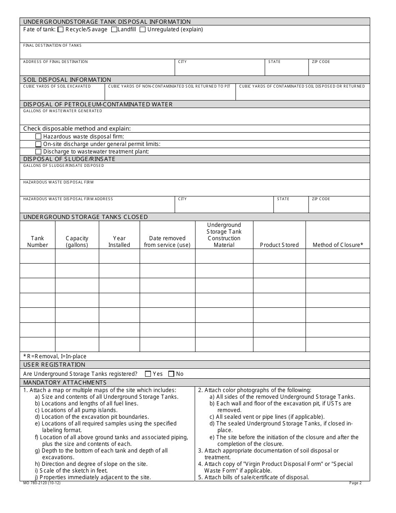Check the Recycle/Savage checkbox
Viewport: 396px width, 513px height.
(x=60, y=30)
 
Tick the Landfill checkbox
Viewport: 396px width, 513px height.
(x=114, y=30)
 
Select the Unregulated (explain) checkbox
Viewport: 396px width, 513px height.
(x=143, y=30)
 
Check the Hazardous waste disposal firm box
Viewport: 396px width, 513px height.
(x=39, y=136)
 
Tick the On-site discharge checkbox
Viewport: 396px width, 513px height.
(x=39, y=144)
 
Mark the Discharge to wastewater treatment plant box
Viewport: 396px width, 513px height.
(x=39, y=151)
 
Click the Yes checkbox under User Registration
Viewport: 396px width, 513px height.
(x=148, y=374)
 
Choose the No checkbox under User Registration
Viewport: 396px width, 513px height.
(x=171, y=374)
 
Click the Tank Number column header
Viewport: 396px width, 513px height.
(x=38, y=241)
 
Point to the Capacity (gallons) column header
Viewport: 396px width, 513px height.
(x=77, y=241)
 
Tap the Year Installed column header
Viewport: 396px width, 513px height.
(x=119, y=241)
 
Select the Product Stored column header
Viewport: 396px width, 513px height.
(x=279, y=245)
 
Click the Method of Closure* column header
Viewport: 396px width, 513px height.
(x=338, y=245)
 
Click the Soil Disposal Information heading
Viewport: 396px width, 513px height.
(x=67, y=80)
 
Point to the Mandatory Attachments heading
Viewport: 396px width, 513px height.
(x=65, y=382)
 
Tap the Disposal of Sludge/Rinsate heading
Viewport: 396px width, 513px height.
(x=69, y=159)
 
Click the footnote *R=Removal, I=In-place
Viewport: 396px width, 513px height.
(x=55, y=357)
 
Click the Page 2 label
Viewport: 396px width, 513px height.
(x=355, y=483)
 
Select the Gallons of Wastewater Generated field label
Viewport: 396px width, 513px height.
(x=63, y=111)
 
